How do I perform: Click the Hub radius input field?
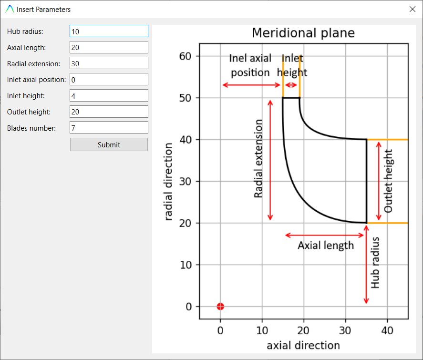point(109,31)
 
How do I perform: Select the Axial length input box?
point(109,47)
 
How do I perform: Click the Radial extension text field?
point(109,63)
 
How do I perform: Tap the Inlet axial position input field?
point(109,80)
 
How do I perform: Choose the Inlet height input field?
point(109,96)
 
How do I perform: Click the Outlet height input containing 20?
point(109,112)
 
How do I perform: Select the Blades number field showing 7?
point(109,128)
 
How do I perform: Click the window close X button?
point(412,9)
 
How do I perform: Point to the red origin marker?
point(220,307)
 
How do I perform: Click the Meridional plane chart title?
point(303,33)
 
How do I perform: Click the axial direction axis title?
point(303,345)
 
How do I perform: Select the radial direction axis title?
point(168,181)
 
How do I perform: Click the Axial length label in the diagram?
point(326,246)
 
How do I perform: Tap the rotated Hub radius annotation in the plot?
point(376,262)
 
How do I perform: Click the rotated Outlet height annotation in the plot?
point(388,181)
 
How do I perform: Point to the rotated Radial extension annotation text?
point(258,159)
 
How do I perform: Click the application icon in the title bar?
point(10,9)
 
